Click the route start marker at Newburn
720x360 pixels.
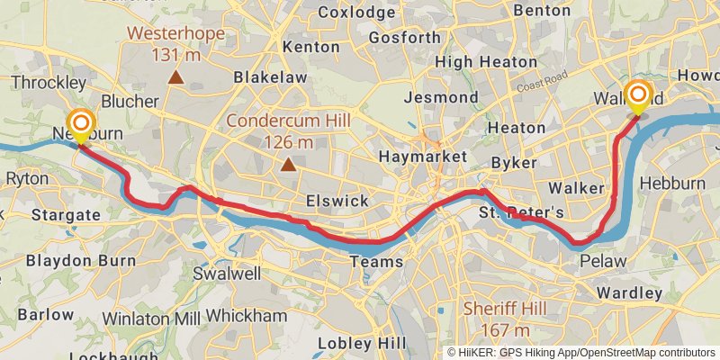click(x=81, y=124)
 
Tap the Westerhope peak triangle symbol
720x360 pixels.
click(x=175, y=77)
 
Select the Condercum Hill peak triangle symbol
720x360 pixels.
click(x=288, y=164)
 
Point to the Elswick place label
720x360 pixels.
click(x=337, y=201)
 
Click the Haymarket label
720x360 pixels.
click(x=422, y=157)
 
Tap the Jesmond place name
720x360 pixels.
click(x=442, y=96)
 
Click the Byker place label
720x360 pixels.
click(x=515, y=163)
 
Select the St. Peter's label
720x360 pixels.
click(x=522, y=213)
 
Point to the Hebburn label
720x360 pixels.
click(x=673, y=184)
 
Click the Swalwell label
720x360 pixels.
click(x=228, y=272)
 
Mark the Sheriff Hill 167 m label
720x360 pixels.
click(x=505, y=319)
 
